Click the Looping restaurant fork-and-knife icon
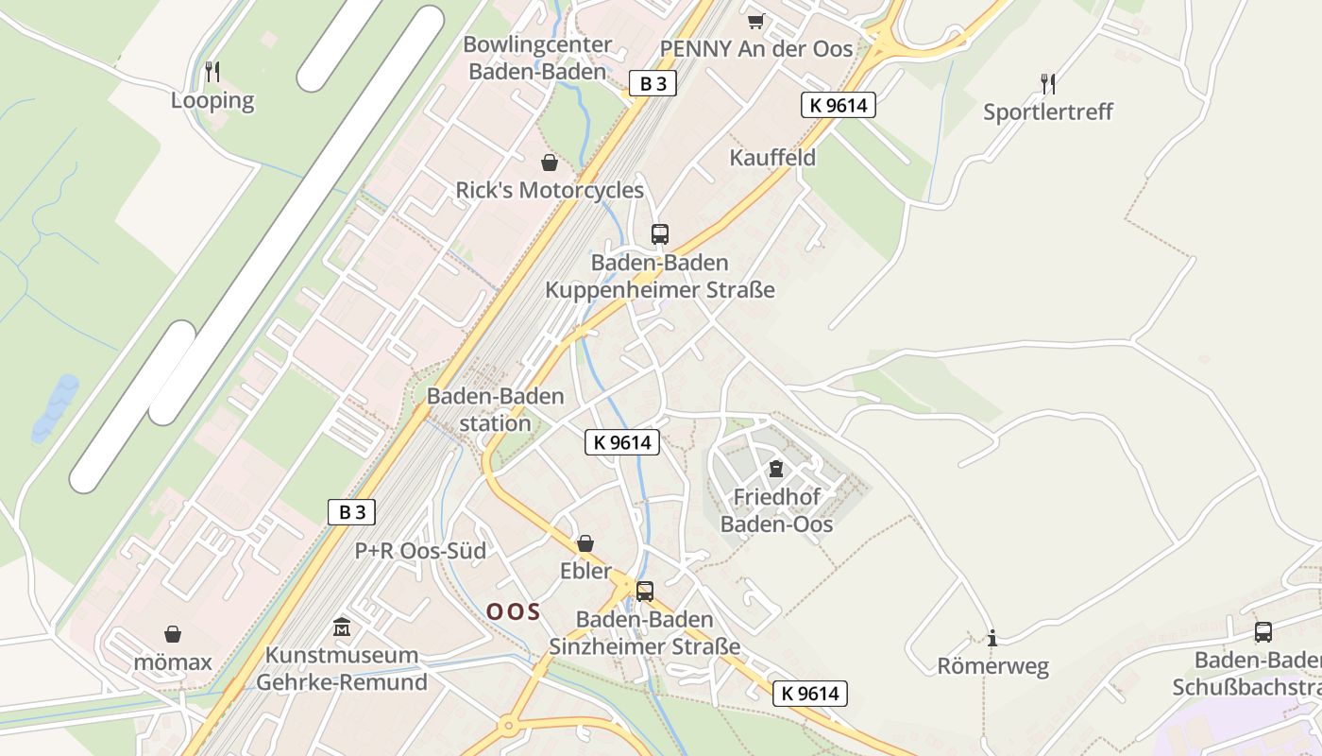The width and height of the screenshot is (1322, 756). pyautogui.click(x=212, y=71)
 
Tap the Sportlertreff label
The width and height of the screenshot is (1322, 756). pyautogui.click(x=1048, y=112)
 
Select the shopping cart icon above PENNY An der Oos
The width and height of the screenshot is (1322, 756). pyautogui.click(x=754, y=21)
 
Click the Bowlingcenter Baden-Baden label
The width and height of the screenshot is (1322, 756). pyautogui.click(x=537, y=58)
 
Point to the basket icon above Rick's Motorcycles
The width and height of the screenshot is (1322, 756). pyautogui.click(x=549, y=163)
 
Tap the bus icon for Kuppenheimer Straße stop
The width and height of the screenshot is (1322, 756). pyautogui.click(x=660, y=233)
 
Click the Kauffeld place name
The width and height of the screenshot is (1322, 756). pyautogui.click(x=772, y=158)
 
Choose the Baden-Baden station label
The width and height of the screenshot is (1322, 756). pyautogui.click(x=496, y=409)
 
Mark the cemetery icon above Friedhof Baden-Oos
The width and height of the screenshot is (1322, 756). pyautogui.click(x=776, y=469)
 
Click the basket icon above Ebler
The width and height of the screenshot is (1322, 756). pyautogui.click(x=585, y=543)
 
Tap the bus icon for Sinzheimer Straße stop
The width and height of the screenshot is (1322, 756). pyautogui.click(x=645, y=592)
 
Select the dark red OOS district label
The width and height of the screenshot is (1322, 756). pyautogui.click(x=514, y=611)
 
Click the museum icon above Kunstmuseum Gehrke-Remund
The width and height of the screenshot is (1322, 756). pyautogui.click(x=342, y=627)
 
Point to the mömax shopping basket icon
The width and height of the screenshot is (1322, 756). pyautogui.click(x=173, y=633)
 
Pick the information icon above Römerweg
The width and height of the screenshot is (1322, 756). pyautogui.click(x=991, y=639)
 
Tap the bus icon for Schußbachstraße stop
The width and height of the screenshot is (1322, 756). pyautogui.click(x=1263, y=632)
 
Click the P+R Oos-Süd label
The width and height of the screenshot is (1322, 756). pyautogui.click(x=420, y=551)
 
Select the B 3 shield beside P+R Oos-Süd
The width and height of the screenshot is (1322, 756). pyautogui.click(x=352, y=512)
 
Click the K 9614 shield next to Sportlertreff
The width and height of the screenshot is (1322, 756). pyautogui.click(x=838, y=105)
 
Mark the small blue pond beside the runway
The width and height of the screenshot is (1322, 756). pyautogui.click(x=55, y=409)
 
